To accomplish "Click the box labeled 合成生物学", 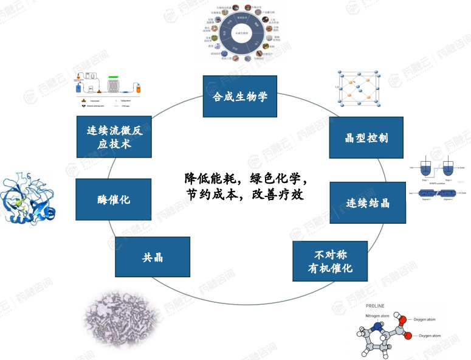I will coord(239,96).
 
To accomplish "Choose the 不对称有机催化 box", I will coord(330,261).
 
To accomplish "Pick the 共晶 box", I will coord(152,257).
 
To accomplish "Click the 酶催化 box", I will coord(113,199).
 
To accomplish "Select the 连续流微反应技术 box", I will coord(114,137).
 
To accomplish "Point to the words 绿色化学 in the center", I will coord(279,179).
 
